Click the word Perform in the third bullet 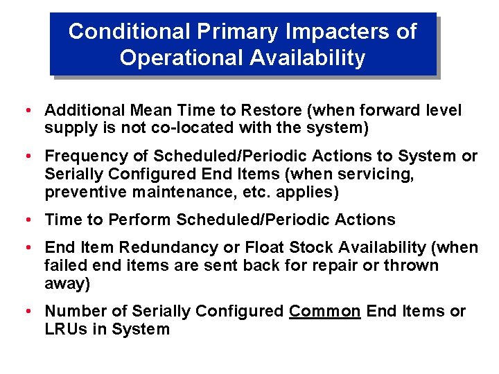click(143, 220)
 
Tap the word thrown click(410, 265)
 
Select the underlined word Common click(324, 311)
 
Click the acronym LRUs click(64, 329)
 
